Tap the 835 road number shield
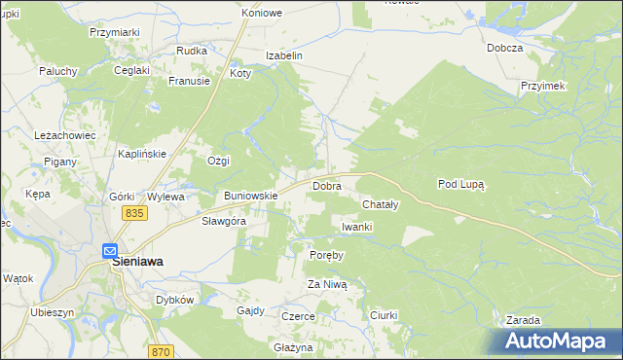[x=134, y=213]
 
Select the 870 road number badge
[x=162, y=351]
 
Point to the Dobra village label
[x=325, y=185]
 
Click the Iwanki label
[x=357, y=227]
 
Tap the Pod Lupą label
[x=461, y=183]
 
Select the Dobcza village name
[x=506, y=48]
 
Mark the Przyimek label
[x=543, y=86]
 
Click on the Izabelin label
[x=286, y=55]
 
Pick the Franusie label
[x=189, y=82]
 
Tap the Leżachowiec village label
[x=64, y=135]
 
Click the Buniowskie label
[x=251, y=196]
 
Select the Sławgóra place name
[x=223, y=221]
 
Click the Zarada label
[x=524, y=320]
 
